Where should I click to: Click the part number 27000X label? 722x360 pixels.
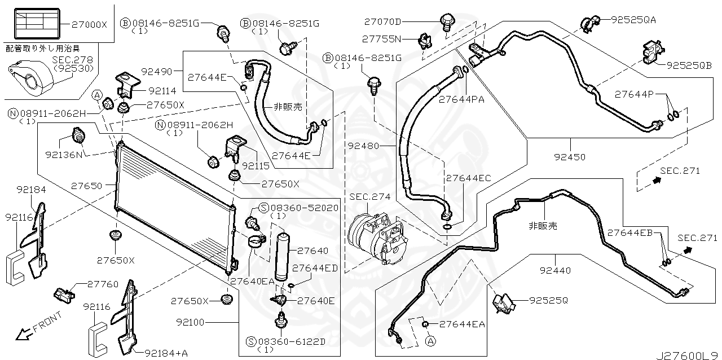90,25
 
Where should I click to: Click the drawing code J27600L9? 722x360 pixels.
686,355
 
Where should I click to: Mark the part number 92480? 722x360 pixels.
364,145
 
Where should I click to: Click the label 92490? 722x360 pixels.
158,72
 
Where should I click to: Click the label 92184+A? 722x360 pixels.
166,353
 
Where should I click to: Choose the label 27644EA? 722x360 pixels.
462,324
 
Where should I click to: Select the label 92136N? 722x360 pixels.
64,153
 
